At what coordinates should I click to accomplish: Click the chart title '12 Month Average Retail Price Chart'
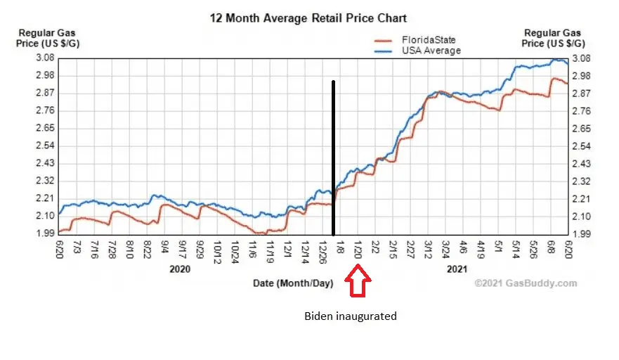(308, 18)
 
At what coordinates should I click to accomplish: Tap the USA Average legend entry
(429, 51)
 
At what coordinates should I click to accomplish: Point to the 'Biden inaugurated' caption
(350, 316)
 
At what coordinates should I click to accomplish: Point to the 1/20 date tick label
(358, 250)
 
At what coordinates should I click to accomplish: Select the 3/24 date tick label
(446, 250)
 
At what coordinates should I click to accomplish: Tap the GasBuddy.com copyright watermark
(526, 283)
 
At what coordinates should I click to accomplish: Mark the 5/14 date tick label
(516, 250)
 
